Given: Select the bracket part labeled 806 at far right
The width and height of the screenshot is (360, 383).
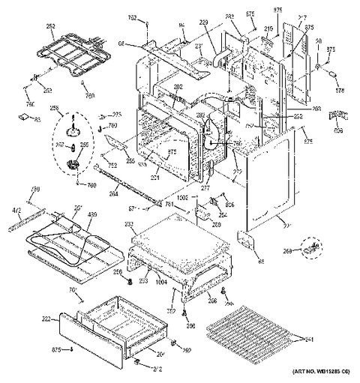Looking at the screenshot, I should [x=340, y=115].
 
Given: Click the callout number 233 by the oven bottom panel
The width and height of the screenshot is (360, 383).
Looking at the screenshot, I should [x=128, y=224].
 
